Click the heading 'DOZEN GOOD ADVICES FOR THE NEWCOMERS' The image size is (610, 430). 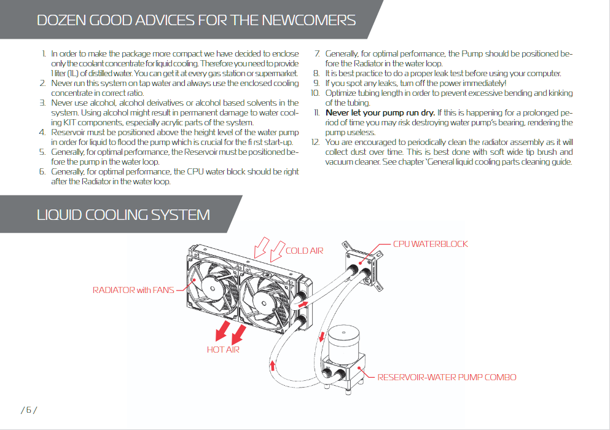click(196, 20)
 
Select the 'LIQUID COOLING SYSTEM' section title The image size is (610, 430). click(123, 214)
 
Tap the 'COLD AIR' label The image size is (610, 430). click(304, 251)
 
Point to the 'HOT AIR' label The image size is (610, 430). click(223, 350)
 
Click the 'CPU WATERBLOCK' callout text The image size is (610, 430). click(430, 244)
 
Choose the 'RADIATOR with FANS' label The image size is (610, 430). click(133, 290)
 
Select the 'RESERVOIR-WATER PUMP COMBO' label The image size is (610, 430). click(447, 377)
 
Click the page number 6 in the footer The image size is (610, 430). click(29, 410)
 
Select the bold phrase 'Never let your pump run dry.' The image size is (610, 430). click(380, 113)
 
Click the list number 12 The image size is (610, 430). click(315, 143)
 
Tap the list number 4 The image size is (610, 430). click(42, 133)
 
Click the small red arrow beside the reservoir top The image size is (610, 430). click(322, 337)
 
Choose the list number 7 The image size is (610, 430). click(317, 54)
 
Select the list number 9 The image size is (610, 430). click(316, 84)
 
